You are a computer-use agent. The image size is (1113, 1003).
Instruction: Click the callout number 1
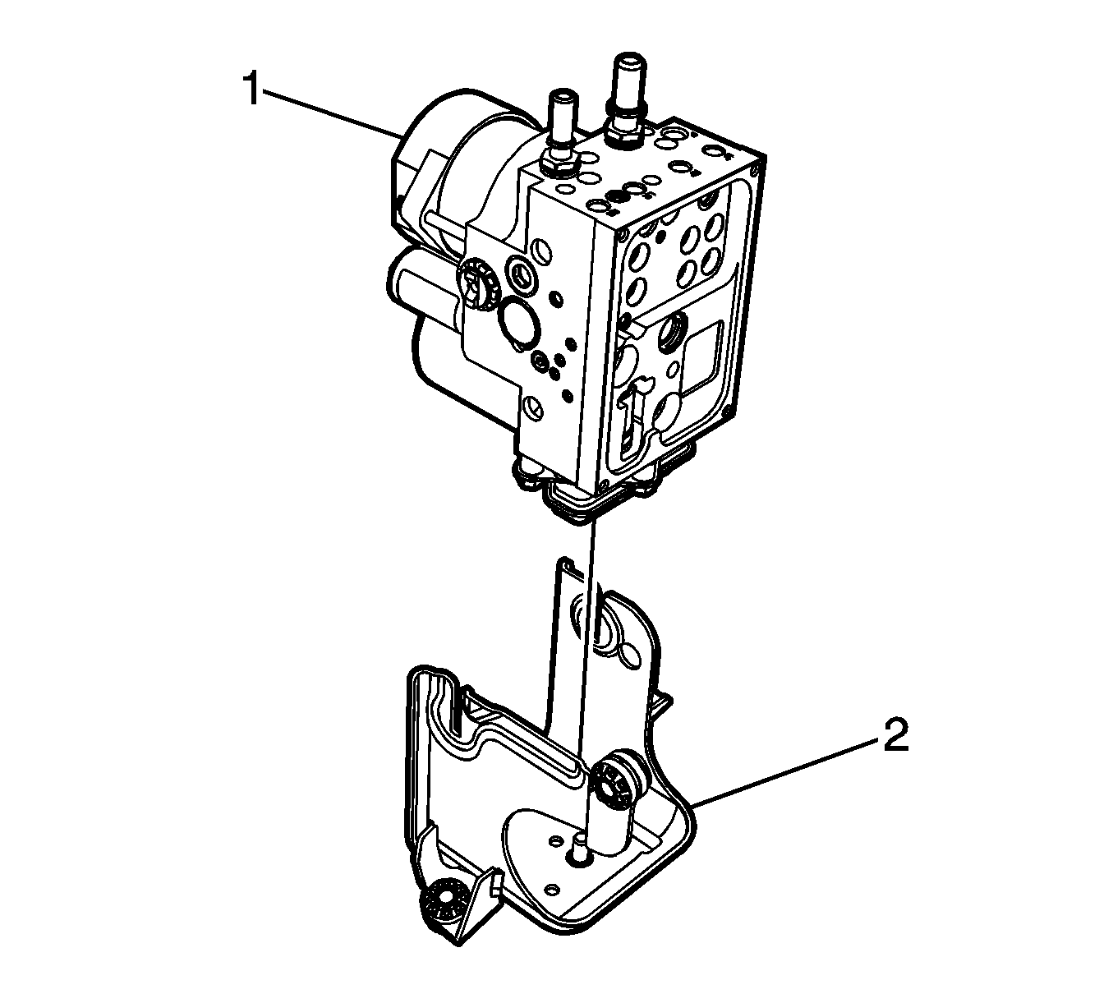pyautogui.click(x=252, y=90)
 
